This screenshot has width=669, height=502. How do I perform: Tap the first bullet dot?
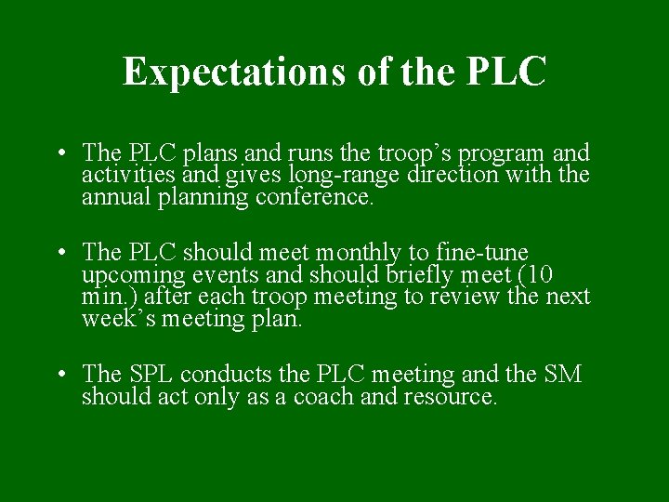[x=59, y=153]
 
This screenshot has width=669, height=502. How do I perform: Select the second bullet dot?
[x=59, y=253]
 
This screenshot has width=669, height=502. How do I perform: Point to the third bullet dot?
[x=59, y=375]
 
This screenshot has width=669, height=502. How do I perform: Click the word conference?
[x=320, y=197]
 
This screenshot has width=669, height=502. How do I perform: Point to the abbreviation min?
[x=101, y=297]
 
